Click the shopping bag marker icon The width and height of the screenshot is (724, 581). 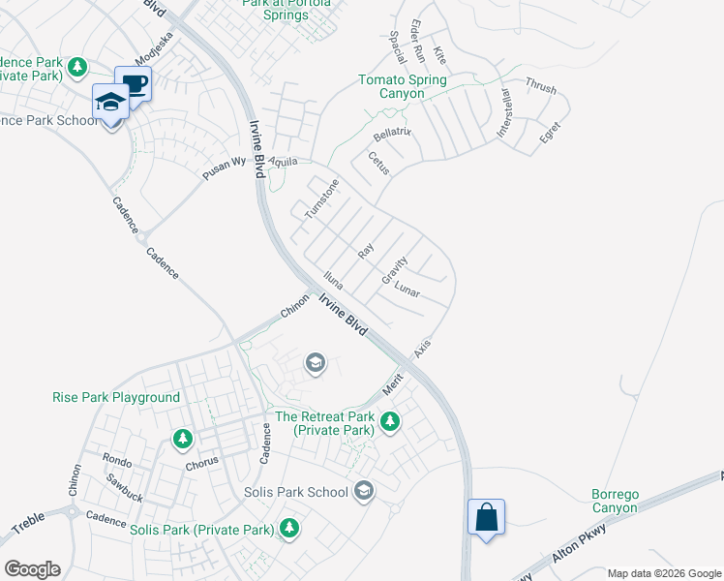coord(486,515)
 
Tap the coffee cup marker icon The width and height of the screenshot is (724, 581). coord(134,83)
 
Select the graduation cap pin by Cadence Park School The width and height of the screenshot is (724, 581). coord(111,102)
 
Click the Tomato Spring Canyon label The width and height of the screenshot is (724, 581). coord(403,87)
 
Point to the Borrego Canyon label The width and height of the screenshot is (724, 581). coord(615,501)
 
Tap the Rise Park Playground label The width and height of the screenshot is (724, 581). coord(116,397)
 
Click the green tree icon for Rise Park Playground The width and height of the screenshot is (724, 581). coord(182,440)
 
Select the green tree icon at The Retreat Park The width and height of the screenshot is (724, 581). coord(390,421)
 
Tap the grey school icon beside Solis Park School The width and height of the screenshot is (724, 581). coord(364,492)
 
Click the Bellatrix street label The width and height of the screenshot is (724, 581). coord(392,131)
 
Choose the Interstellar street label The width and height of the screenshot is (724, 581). coord(505,112)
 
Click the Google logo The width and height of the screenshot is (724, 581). coord(32,568)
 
